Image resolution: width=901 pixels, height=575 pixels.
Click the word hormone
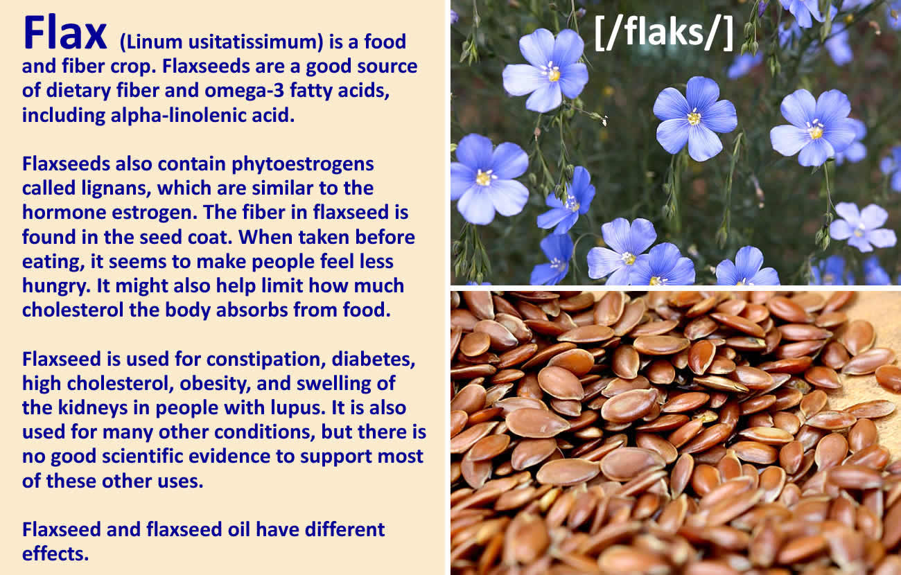point(64,213)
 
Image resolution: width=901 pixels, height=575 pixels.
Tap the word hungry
point(56,286)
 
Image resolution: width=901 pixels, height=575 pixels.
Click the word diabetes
point(374,360)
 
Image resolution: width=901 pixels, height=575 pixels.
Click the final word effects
point(55,554)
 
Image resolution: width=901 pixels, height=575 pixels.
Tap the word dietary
point(78,91)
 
